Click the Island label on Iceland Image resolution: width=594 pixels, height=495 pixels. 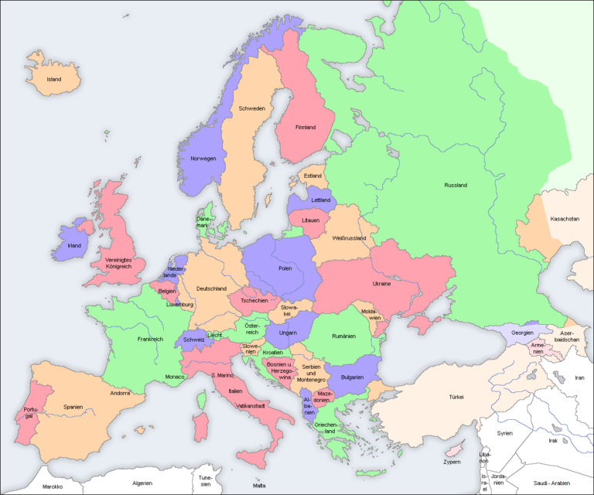pos(53,79)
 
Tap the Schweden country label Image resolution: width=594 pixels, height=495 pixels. pos(252,108)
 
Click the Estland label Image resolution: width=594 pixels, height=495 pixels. pos(312,176)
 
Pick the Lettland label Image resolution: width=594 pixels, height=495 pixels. pos(320,200)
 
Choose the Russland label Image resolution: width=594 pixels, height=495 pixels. pos(456,185)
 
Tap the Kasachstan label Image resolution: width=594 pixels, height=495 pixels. pos(565,219)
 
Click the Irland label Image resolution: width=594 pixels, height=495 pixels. pos(74,245)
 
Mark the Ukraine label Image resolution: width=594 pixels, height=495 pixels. pos(381,284)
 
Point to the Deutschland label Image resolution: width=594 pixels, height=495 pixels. pos(211,288)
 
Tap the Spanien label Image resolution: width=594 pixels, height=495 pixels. pos(73,406)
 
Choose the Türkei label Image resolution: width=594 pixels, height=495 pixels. pos(456,397)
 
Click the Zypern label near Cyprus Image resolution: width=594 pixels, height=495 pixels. pos(452,462)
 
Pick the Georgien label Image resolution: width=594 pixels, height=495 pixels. pos(522,332)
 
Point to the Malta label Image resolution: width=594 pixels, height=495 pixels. pos(259,485)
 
